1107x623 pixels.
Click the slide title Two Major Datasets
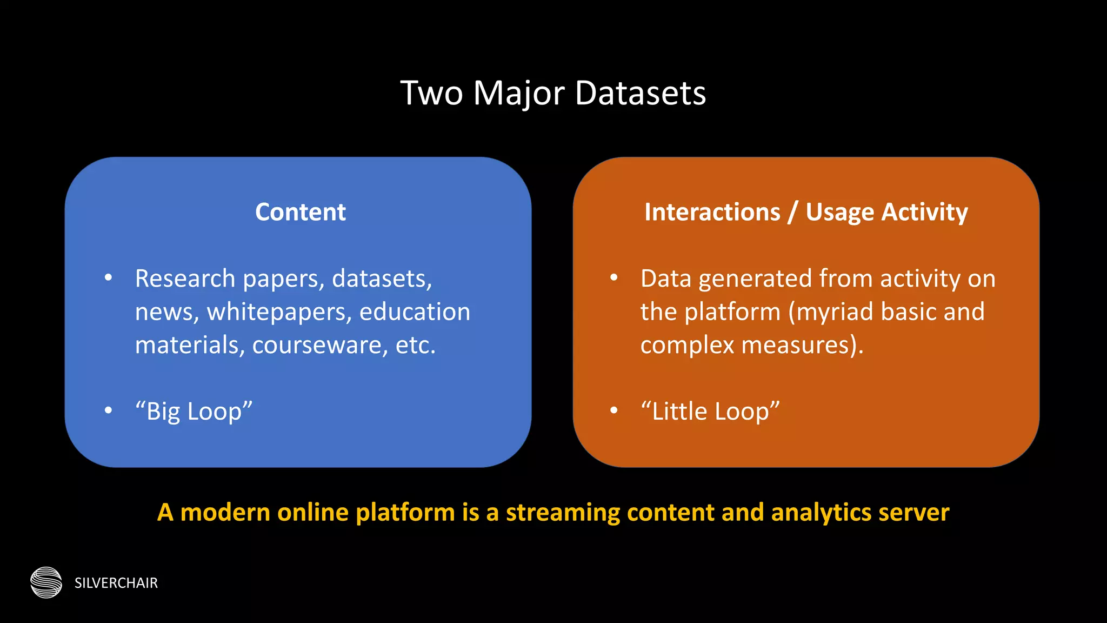point(553,93)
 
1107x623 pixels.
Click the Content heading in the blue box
point(301,212)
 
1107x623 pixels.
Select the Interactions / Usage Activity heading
point(806,212)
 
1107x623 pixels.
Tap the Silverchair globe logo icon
point(46,582)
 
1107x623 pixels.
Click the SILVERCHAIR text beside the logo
point(116,583)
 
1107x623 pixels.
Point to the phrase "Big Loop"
point(194,412)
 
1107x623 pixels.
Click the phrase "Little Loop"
point(710,412)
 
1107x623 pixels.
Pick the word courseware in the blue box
point(320,346)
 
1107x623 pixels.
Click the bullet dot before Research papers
point(109,278)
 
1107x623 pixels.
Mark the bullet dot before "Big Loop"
point(109,410)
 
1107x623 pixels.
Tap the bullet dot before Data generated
point(614,278)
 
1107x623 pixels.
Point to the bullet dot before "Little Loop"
point(614,410)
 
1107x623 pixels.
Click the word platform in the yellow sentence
point(405,513)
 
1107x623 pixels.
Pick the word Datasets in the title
point(641,93)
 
